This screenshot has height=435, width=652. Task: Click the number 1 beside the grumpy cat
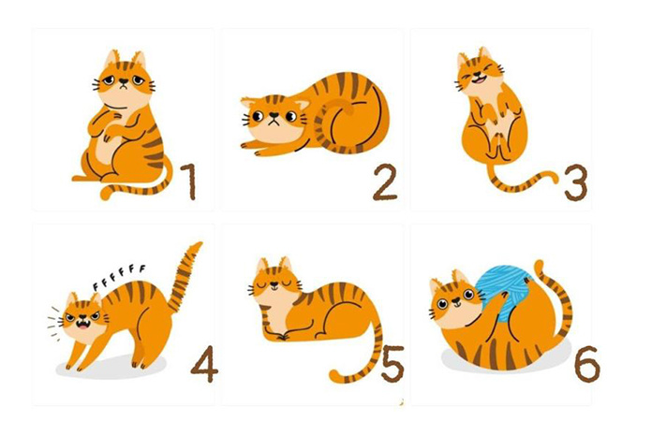coord(189,181)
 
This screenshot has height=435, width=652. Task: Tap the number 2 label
coord(385,183)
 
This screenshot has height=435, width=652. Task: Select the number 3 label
coord(576,183)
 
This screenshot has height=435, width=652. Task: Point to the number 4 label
coord(204,364)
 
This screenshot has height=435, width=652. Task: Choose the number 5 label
coord(393,364)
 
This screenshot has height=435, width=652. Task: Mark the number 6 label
coord(587,364)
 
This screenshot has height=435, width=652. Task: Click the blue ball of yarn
coord(504,292)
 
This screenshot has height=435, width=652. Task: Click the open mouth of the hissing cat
coord(83,325)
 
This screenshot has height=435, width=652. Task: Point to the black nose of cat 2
coord(274,115)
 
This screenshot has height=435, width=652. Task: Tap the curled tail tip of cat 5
coord(335,375)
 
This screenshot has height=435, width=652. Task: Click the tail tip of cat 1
coord(106,194)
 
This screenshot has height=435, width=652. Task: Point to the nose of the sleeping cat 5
coord(274,284)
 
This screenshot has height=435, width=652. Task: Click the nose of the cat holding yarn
coord(456,298)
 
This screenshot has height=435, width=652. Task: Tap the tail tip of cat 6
coord(539,266)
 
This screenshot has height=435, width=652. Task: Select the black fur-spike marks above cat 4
coord(119,276)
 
